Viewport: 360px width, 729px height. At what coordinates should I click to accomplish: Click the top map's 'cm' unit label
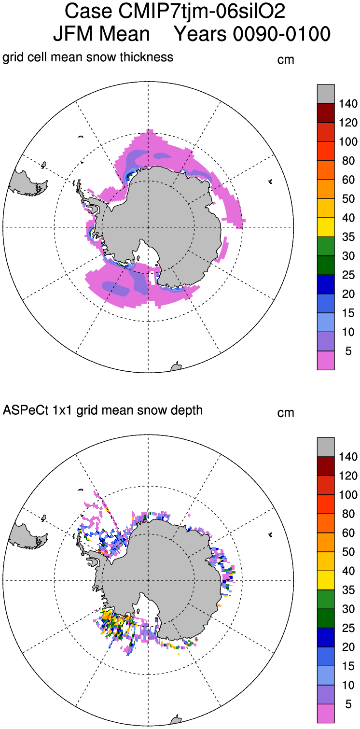[286, 60]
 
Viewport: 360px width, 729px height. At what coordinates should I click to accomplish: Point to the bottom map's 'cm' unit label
[286, 413]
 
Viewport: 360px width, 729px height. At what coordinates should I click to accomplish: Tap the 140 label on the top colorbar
[347, 104]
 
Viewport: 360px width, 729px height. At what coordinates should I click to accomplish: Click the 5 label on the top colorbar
[348, 351]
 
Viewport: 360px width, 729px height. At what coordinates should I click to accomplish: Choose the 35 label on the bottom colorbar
[348, 589]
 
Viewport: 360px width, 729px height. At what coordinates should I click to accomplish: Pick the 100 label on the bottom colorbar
[347, 494]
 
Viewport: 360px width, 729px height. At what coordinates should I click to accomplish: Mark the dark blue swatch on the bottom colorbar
[325, 637]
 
